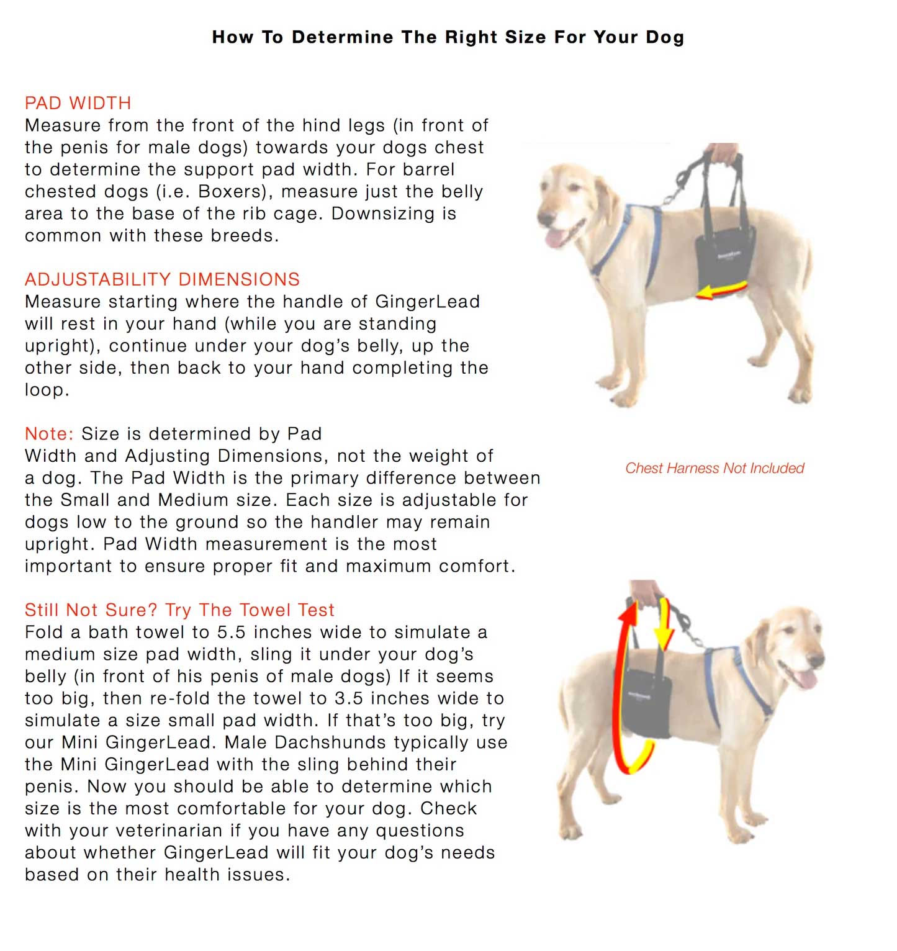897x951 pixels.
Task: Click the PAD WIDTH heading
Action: pyautogui.click(x=78, y=103)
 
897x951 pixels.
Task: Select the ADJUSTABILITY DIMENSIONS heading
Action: pyautogui.click(x=162, y=279)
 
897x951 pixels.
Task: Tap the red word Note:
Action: pyautogui.click(x=49, y=433)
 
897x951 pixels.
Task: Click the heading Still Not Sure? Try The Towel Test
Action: pyautogui.click(x=179, y=610)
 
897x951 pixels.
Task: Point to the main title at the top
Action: pyautogui.click(x=448, y=37)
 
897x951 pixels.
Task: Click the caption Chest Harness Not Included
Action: pyautogui.click(x=714, y=468)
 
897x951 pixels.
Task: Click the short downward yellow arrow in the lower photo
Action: pyautogui.click(x=664, y=627)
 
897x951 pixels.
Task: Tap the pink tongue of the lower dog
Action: pyautogui.click(x=806, y=678)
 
